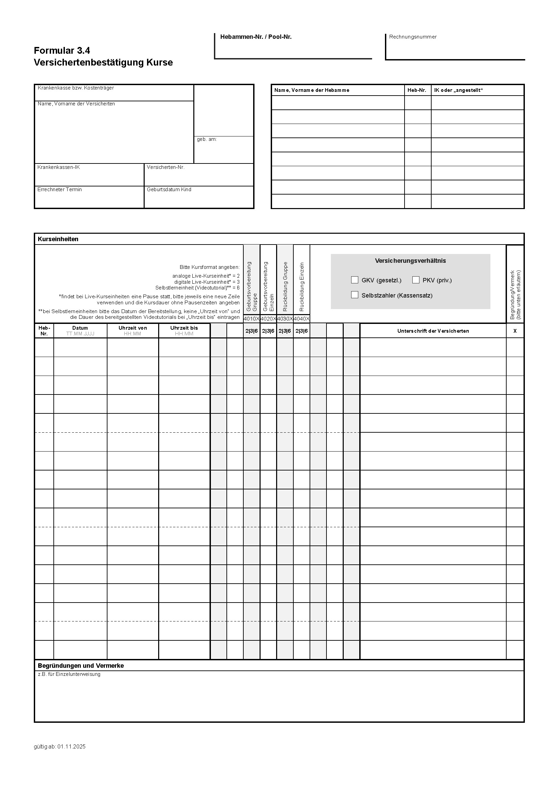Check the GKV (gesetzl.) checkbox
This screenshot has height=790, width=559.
pyautogui.click(x=355, y=280)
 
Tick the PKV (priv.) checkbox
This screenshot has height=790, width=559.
pyautogui.click(x=416, y=280)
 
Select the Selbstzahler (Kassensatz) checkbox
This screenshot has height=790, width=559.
pyautogui.click(x=355, y=295)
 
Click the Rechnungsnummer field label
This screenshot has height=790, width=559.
pyautogui.click(x=413, y=37)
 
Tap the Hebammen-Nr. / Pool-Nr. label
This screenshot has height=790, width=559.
pyautogui.click(x=256, y=37)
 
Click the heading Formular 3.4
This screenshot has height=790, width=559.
pyautogui.click(x=62, y=51)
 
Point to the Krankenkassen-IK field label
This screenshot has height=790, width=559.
pyautogui.click(x=58, y=167)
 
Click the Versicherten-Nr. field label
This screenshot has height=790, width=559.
pyautogui.click(x=166, y=167)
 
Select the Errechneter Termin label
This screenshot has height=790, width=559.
pyautogui.click(x=59, y=189)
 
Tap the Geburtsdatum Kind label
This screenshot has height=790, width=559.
pyautogui.click(x=169, y=189)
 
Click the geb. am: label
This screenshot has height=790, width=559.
pyautogui.click(x=206, y=139)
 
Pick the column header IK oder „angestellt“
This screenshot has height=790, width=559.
pyautogui.click(x=459, y=90)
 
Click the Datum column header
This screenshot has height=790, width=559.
pyautogui.click(x=80, y=328)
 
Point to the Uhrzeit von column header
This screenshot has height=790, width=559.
pyautogui.click(x=132, y=328)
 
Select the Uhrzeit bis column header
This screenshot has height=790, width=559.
pyautogui.click(x=184, y=328)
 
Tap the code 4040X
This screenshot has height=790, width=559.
pyautogui.click(x=301, y=319)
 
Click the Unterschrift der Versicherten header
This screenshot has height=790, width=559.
pyautogui.click(x=433, y=331)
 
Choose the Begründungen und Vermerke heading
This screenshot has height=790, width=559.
pyautogui.click(x=80, y=666)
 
